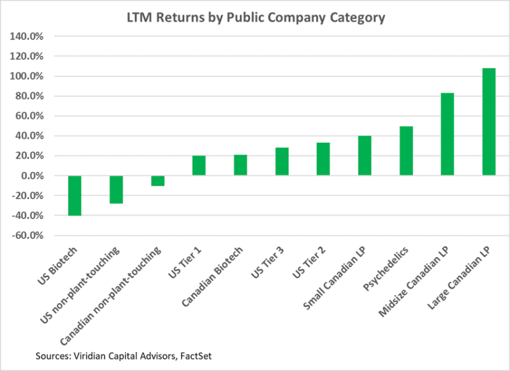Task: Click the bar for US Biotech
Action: [75, 196]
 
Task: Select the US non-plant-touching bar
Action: [116, 189]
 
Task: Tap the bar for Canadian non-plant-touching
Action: [157, 180]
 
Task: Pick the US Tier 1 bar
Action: [199, 165]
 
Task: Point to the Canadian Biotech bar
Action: [240, 165]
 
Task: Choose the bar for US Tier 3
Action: [282, 161]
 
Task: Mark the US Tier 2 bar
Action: [323, 159]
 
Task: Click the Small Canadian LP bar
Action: [365, 156]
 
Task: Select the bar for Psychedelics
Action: [406, 150]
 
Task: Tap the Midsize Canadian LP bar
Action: [448, 134]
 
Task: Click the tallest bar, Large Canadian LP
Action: [489, 121]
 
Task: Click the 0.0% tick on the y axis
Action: [31, 175]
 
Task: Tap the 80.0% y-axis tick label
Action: [29, 96]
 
